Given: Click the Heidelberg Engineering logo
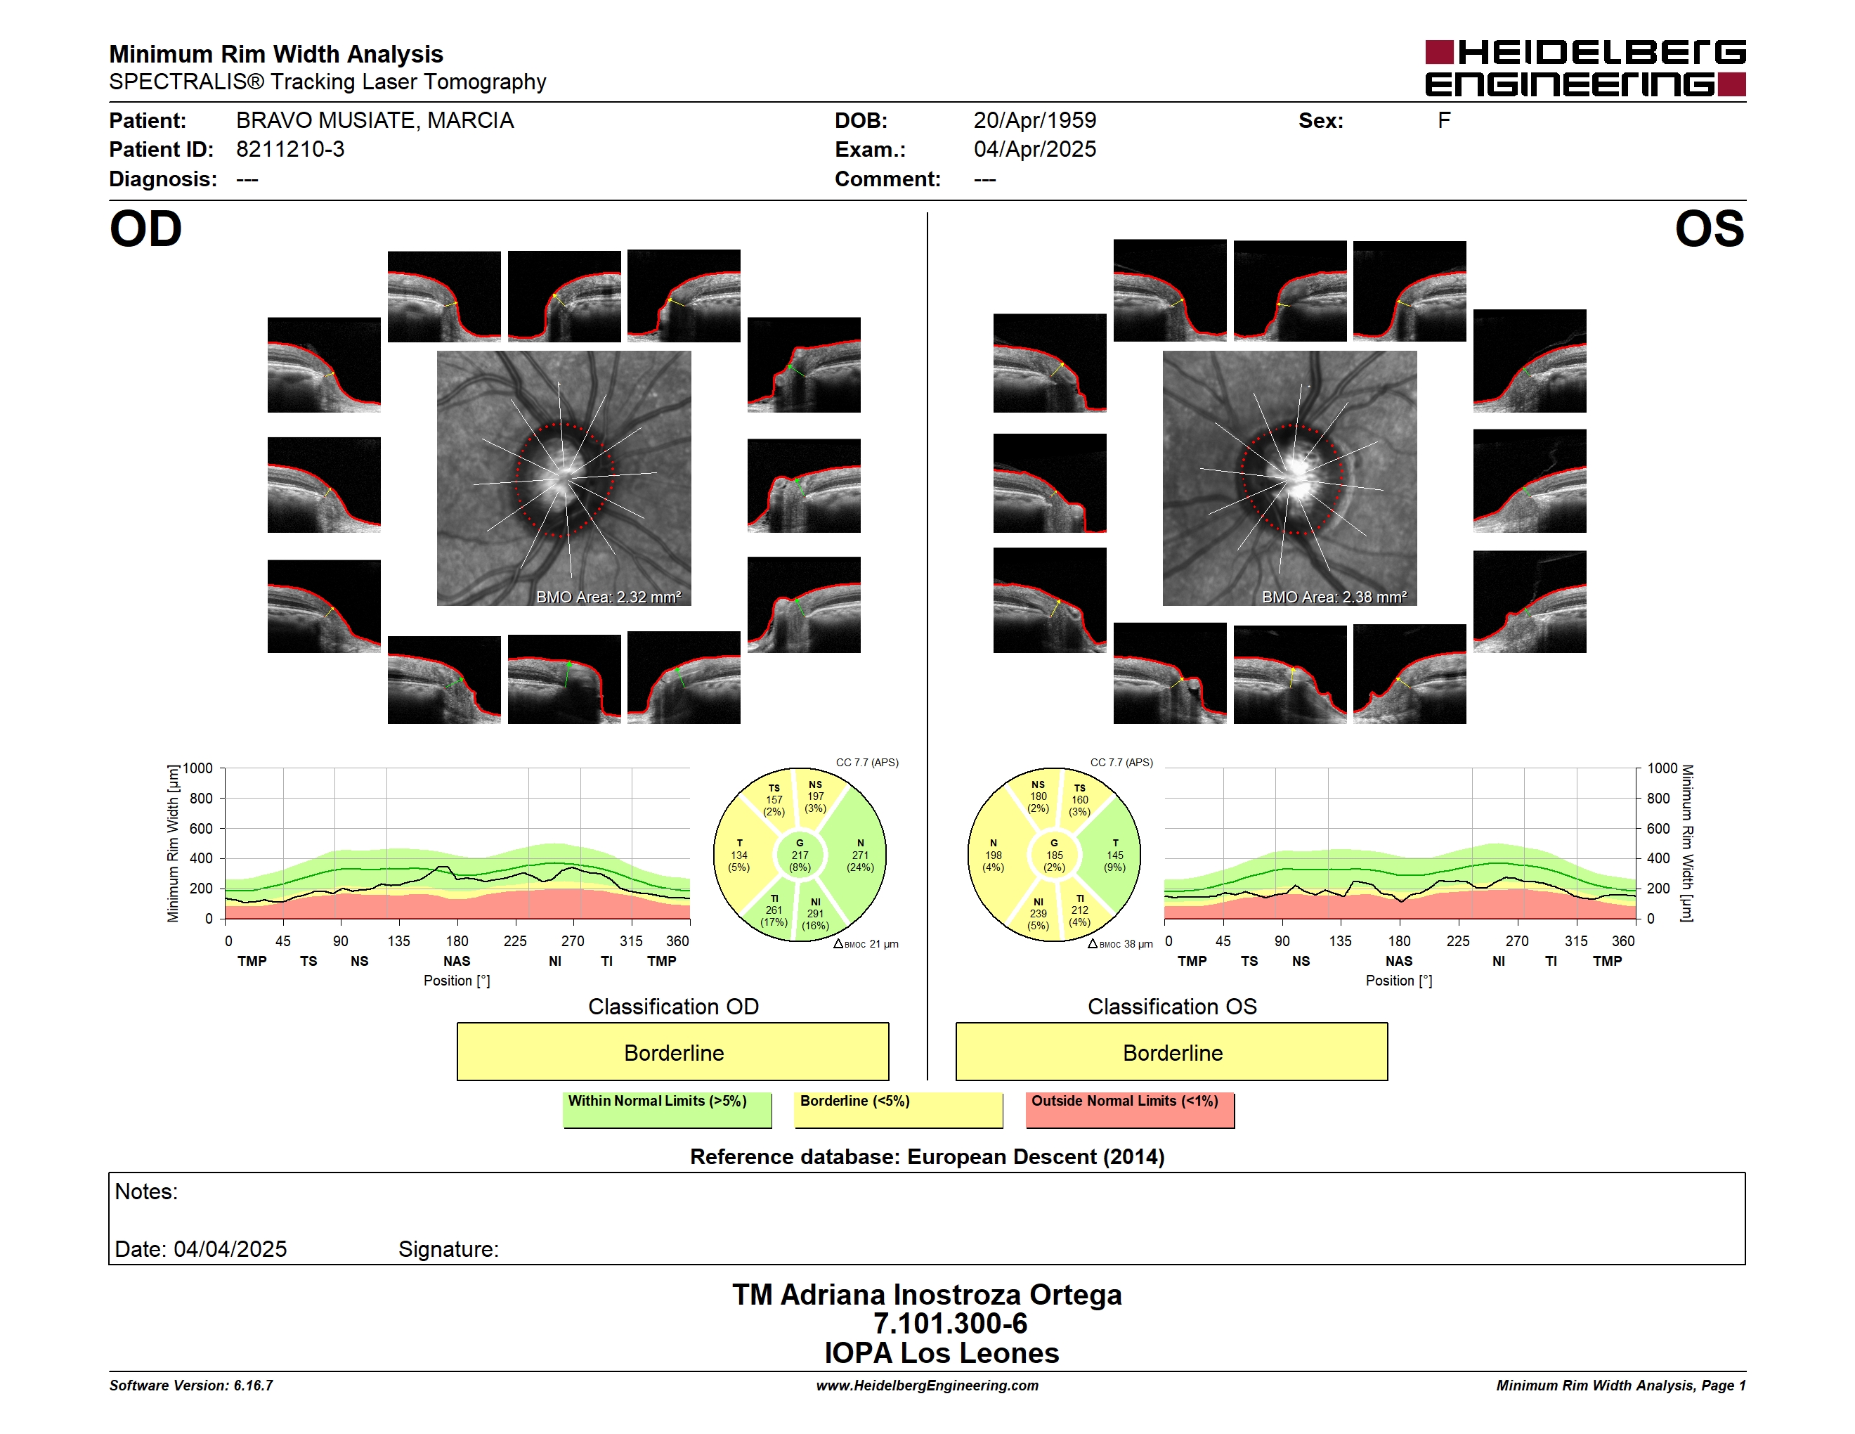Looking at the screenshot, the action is click(x=1585, y=68).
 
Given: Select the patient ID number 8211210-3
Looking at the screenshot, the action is click(x=290, y=150).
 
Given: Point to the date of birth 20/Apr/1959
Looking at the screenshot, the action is click(x=1034, y=121).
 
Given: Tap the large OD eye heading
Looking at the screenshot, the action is click(x=145, y=228).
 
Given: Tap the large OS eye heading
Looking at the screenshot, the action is click(x=1709, y=228).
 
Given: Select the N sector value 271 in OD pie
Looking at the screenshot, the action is click(x=861, y=855).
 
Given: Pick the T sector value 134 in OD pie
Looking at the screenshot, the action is click(x=739, y=855).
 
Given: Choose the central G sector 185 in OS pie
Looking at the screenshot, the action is click(x=1054, y=855).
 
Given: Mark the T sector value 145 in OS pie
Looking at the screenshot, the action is click(x=1114, y=855).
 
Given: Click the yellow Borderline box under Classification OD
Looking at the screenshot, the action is click(x=672, y=1052).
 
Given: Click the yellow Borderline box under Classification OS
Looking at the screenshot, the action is click(x=1172, y=1052).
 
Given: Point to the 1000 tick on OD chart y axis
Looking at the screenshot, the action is click(x=198, y=768).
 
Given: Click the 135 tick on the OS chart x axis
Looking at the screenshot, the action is click(x=1340, y=941).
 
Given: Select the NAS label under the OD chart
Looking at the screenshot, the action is click(x=457, y=961).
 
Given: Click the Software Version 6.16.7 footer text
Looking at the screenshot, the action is click(x=191, y=1385).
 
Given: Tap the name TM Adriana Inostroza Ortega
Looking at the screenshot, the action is click(x=927, y=1295).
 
